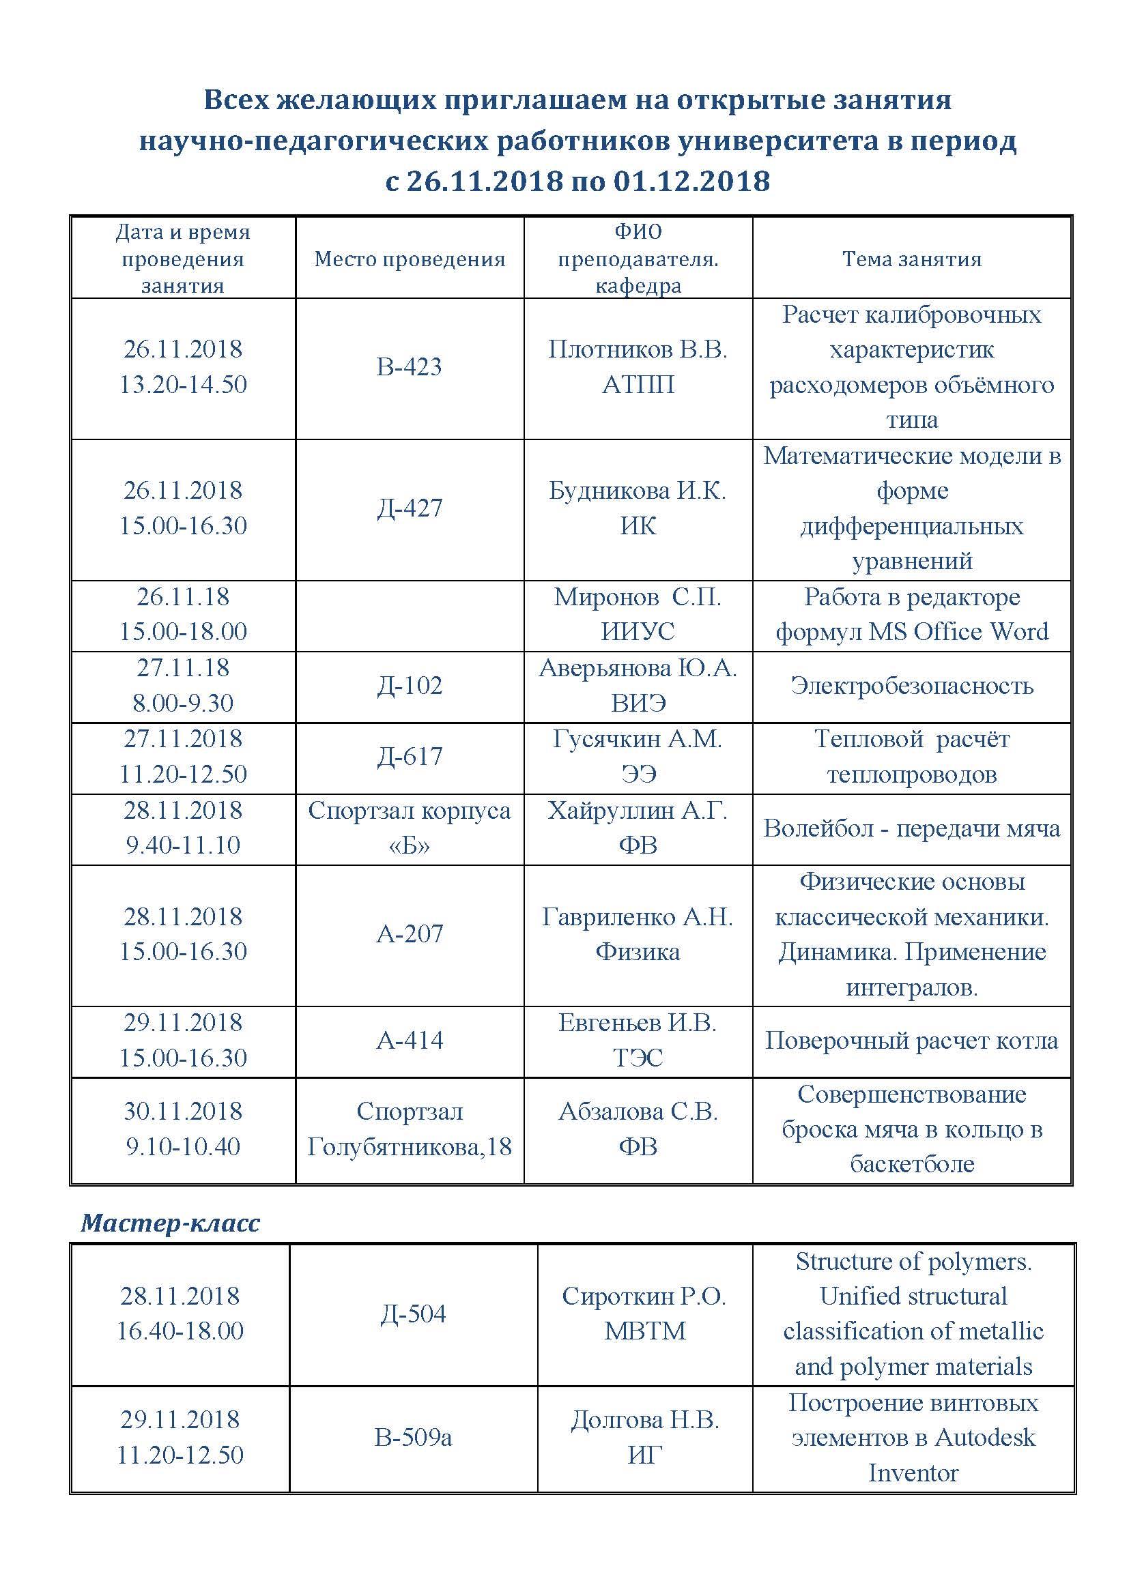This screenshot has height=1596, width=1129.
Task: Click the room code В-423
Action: click(x=409, y=366)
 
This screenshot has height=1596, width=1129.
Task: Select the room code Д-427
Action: click(x=410, y=508)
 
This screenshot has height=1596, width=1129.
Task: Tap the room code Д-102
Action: click(x=410, y=685)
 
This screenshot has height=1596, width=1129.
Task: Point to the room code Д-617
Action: click(x=410, y=755)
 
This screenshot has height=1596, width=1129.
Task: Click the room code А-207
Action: click(x=410, y=933)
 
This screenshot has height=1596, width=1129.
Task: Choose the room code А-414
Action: click(x=410, y=1040)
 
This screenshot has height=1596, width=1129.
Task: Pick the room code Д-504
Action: click(x=413, y=1313)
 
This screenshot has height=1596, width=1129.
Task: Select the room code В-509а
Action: click(x=413, y=1437)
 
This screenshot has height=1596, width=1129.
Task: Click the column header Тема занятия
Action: click(x=911, y=259)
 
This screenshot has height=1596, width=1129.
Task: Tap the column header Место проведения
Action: click(x=410, y=259)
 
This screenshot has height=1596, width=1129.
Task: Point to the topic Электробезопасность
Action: click(x=911, y=686)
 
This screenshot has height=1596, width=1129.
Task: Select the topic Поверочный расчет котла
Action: click(x=911, y=1041)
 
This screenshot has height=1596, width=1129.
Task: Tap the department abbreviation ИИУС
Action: click(x=638, y=632)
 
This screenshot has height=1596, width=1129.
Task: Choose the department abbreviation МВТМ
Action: click(x=645, y=1331)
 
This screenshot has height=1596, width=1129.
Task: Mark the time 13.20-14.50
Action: click(x=183, y=384)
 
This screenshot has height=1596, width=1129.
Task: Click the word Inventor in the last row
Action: click(x=913, y=1472)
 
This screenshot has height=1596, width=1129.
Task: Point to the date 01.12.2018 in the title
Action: click(x=691, y=182)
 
